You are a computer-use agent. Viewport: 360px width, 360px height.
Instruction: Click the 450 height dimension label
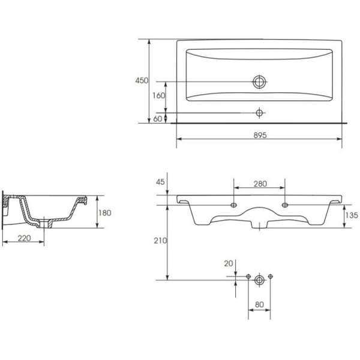click(x=142, y=80)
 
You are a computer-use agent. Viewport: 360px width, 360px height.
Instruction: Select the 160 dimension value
click(x=158, y=95)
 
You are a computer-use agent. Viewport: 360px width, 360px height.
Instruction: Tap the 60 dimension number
click(x=157, y=119)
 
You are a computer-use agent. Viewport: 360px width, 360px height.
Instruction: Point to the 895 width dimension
click(x=260, y=135)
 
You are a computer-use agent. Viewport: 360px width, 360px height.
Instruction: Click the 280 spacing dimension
click(x=260, y=184)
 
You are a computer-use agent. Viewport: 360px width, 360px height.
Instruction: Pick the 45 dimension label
click(x=160, y=182)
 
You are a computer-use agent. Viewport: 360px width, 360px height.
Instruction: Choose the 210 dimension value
click(x=160, y=241)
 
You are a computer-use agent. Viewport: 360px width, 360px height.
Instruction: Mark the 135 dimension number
click(x=352, y=215)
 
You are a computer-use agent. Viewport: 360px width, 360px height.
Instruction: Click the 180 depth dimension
click(x=104, y=213)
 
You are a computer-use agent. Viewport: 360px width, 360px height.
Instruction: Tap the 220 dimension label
click(x=24, y=238)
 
